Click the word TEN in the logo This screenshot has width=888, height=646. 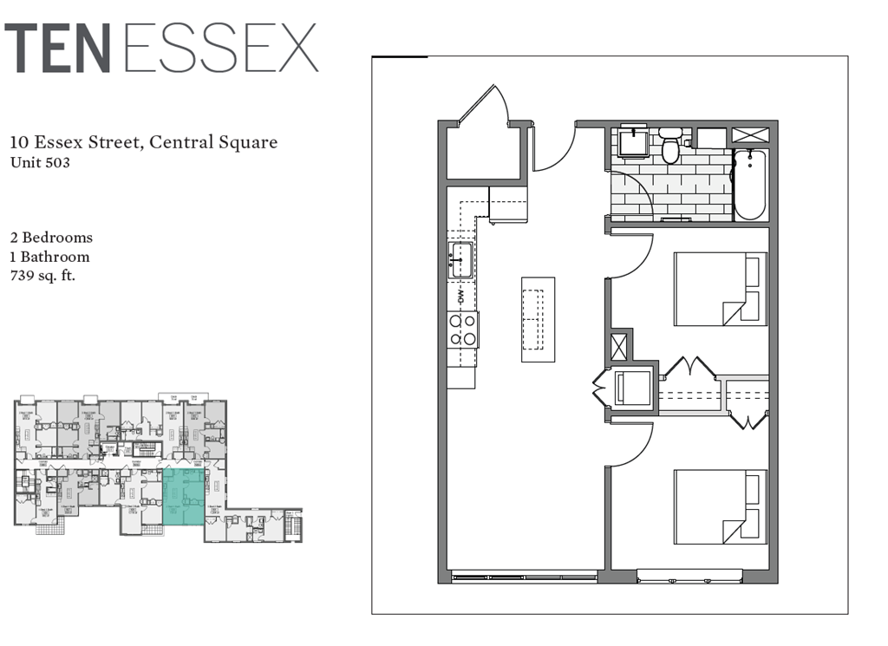pyautogui.click(x=58, y=49)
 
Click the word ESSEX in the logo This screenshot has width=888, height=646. pyautogui.click(x=221, y=49)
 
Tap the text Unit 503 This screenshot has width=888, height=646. pyautogui.click(x=40, y=161)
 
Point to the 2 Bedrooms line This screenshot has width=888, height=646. pyautogui.click(x=51, y=237)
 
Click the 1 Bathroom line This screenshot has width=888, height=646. pyautogui.click(x=49, y=257)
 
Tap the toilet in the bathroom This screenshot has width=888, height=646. pyautogui.click(x=669, y=147)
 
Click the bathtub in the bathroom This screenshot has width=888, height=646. pyautogui.click(x=749, y=186)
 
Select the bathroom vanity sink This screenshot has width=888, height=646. pyautogui.click(x=635, y=141)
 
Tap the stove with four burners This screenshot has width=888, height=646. pyautogui.click(x=462, y=330)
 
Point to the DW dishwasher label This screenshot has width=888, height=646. pyautogui.click(x=460, y=296)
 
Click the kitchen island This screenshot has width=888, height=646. pyautogui.click(x=538, y=319)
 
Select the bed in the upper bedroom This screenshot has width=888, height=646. pyautogui.click(x=720, y=289)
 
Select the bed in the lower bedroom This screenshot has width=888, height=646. pyautogui.click(x=720, y=506)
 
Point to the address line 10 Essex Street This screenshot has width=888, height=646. pyautogui.click(x=143, y=142)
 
